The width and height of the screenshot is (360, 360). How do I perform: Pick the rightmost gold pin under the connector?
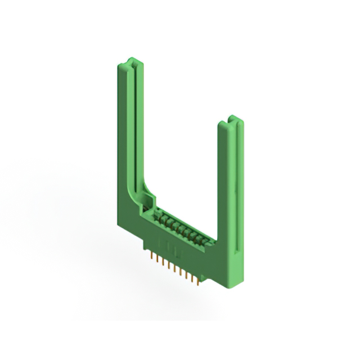198,280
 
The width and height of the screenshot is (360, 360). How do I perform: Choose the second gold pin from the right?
192,277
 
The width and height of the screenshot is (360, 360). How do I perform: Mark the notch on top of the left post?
130,61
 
